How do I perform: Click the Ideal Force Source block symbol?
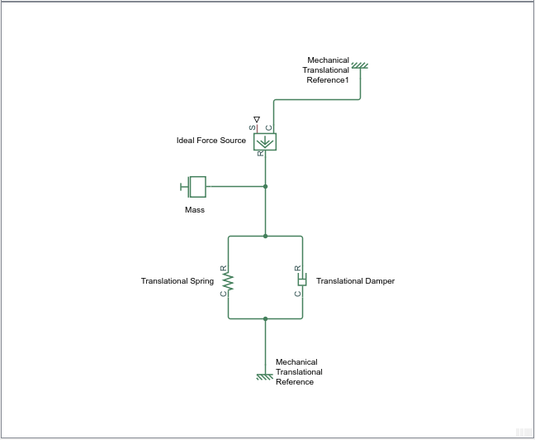pyautogui.click(x=265, y=142)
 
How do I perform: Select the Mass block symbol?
pyautogui.click(x=193, y=187)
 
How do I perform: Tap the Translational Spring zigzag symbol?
pyautogui.click(x=228, y=281)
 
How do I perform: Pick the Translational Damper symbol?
pyautogui.click(x=302, y=280)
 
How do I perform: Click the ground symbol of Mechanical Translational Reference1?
pyautogui.click(x=360, y=65)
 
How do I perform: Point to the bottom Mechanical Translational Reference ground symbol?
pyautogui.click(x=265, y=377)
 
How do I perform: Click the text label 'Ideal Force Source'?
pyautogui.click(x=211, y=141)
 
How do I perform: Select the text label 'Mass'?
pyautogui.click(x=195, y=210)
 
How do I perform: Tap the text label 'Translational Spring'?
pyautogui.click(x=178, y=281)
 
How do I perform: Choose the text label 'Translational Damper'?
pyautogui.click(x=355, y=281)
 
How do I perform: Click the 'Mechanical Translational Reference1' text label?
pyautogui.click(x=326, y=70)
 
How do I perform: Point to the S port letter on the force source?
pyautogui.click(x=252, y=128)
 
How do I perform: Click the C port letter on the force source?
pyautogui.click(x=269, y=128)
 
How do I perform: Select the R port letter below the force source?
pyautogui.click(x=261, y=154)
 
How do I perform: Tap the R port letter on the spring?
pyautogui.click(x=224, y=268)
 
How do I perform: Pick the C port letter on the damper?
pyautogui.click(x=298, y=294)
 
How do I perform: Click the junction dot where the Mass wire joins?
pyautogui.click(x=266, y=187)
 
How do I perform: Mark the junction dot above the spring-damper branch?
pyautogui.click(x=266, y=237)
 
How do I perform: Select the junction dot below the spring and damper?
pyautogui.click(x=266, y=319)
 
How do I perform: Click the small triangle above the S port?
pyautogui.click(x=257, y=119)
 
